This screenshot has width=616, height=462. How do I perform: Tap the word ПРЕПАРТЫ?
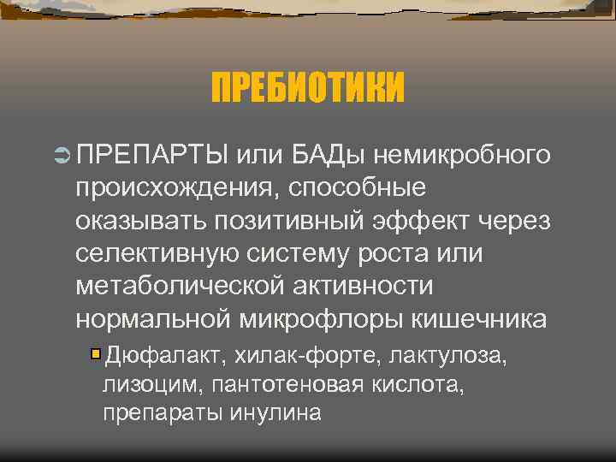151,156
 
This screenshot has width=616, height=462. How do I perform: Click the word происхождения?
176,188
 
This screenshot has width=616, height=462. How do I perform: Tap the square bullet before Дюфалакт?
96,354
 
